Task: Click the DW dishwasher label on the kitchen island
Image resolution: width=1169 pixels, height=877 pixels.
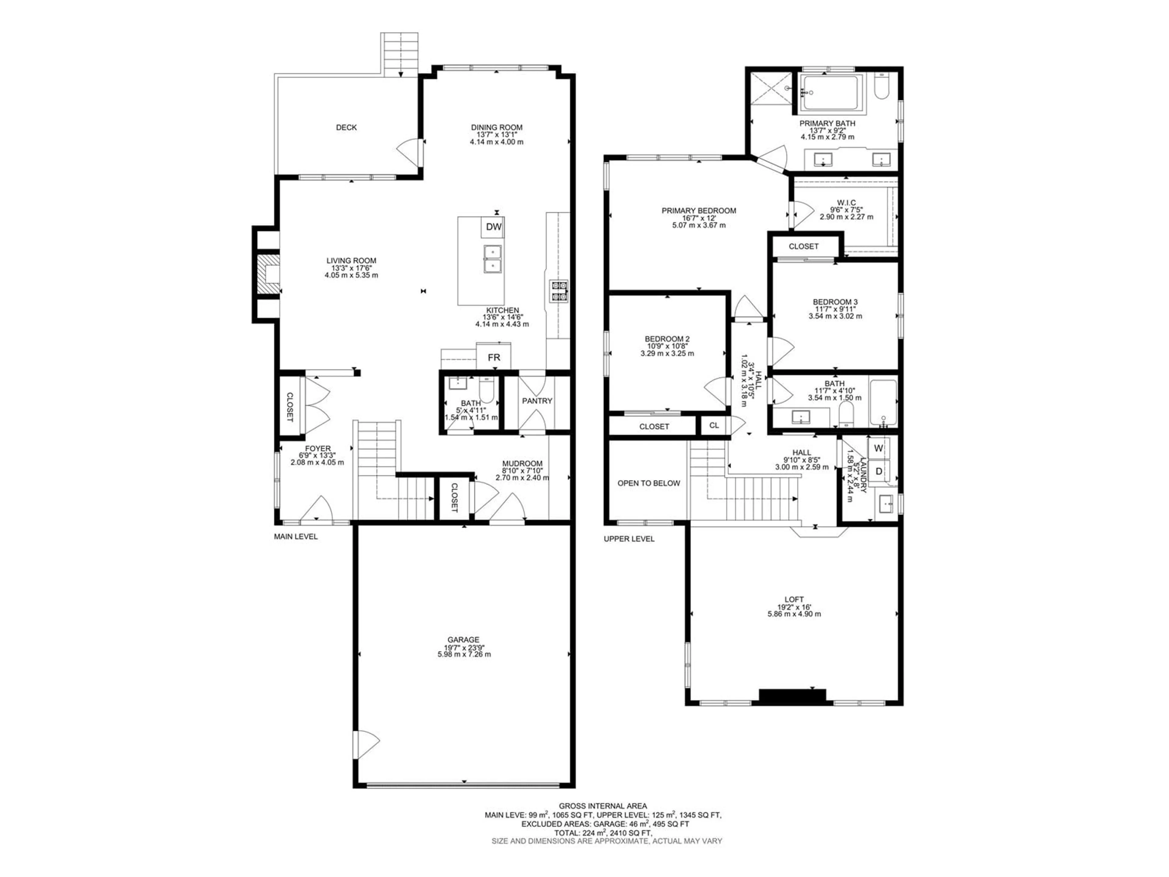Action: [x=493, y=227]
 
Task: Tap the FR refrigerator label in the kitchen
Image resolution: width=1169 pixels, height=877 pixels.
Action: [x=493, y=358]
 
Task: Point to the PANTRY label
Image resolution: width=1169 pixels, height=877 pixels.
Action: [x=537, y=401]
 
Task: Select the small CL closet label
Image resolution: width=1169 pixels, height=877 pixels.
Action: [x=714, y=425]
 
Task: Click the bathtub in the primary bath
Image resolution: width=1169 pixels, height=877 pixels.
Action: [x=831, y=93]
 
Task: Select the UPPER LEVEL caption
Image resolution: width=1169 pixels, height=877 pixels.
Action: [x=629, y=539]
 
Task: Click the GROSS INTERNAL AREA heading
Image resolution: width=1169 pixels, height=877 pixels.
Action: [x=603, y=806]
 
